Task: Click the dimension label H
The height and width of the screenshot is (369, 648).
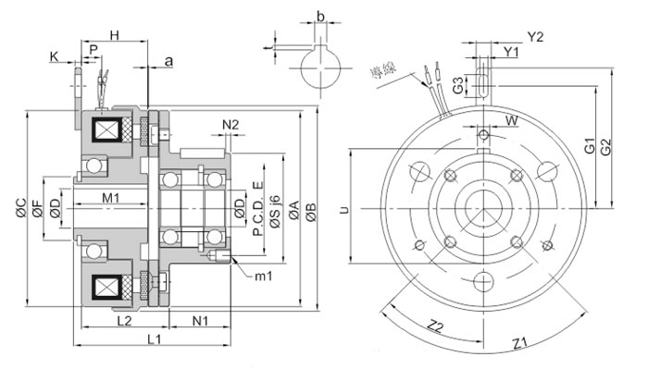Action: (x=115, y=34)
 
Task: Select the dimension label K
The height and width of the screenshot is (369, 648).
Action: (x=55, y=57)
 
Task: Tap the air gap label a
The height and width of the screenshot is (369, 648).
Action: (x=168, y=61)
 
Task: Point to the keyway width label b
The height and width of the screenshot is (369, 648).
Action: (x=320, y=17)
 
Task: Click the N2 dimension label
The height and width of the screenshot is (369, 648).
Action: (x=231, y=125)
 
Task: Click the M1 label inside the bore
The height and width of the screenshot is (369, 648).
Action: (x=111, y=197)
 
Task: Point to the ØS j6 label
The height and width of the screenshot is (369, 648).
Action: (x=275, y=212)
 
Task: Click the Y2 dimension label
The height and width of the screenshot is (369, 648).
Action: (x=536, y=36)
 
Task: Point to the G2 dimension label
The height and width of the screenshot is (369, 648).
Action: (x=605, y=145)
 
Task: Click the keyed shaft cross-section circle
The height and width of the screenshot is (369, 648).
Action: (x=319, y=66)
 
